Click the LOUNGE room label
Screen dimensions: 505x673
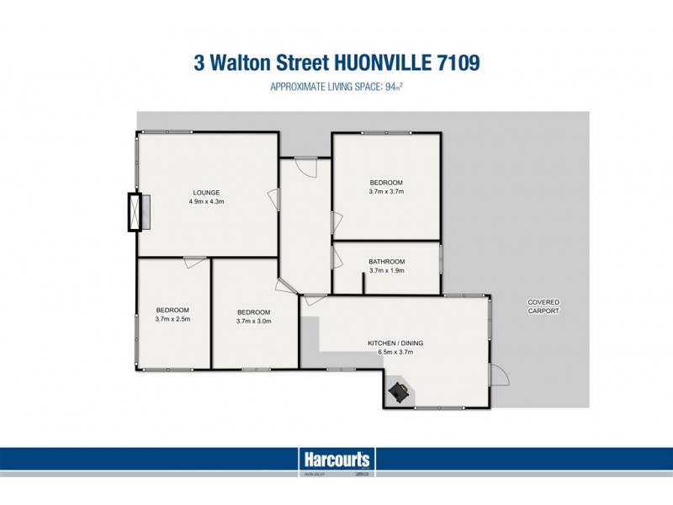pos(205,192)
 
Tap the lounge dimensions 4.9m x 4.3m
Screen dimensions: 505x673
pos(205,202)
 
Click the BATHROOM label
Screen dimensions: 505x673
pos(386,261)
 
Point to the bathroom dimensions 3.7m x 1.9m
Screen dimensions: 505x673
pos(386,271)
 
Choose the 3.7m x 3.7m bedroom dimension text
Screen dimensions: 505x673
pos(386,192)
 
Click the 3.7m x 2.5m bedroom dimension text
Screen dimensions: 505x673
pos(172,320)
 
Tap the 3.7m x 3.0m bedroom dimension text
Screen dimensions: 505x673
pos(253,321)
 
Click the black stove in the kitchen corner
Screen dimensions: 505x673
pos(400,391)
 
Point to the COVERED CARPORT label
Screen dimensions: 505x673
pos(543,306)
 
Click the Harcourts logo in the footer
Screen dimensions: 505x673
pos(336,460)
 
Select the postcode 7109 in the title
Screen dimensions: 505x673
pos(454,64)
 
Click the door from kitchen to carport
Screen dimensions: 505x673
pos(499,375)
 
